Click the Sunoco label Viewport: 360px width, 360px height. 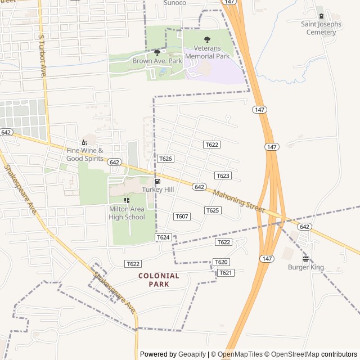pos(174,3)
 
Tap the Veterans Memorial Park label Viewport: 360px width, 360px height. pos(208,52)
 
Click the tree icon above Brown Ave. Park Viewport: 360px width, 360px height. pos(157,52)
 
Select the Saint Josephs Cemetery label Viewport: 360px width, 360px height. pos(321,28)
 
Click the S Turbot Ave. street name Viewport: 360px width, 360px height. pos(42,55)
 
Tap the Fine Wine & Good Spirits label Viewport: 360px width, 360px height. pos(85,154)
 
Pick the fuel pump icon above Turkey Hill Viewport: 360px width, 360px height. pos(157,181)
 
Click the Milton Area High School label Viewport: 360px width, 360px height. pos(127,213)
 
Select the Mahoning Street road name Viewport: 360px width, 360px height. pos(238,201)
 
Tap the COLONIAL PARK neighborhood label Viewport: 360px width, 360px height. pos(159,280)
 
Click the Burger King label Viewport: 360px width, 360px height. pos(306,267)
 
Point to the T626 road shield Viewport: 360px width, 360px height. pos(165,159)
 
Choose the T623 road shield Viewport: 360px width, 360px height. pos(223,175)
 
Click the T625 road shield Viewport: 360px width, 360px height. pos(213,210)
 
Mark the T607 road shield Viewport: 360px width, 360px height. pos(182,217)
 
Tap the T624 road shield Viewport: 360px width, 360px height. pos(163,237)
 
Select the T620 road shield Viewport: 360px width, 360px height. pos(221,262)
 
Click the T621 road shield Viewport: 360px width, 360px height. pos(225,273)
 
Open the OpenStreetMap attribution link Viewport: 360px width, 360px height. pos(291,354)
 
